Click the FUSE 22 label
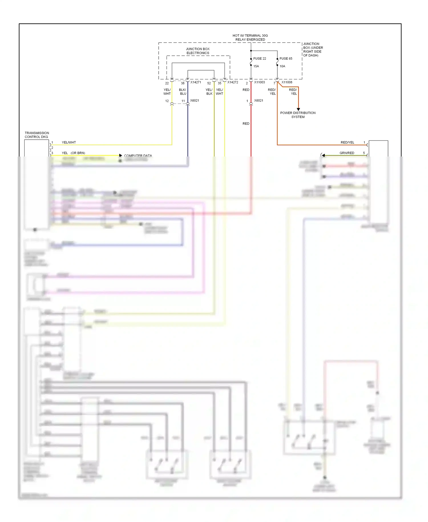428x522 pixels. pos(259,59)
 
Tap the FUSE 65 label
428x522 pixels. pos(286,59)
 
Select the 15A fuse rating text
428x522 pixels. pos(256,66)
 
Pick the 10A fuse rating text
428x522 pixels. pos(282,66)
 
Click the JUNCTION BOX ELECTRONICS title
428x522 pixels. pos(198,51)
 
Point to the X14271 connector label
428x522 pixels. pos(196,82)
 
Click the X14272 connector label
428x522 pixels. pos(233,82)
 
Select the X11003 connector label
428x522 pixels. pos(259,82)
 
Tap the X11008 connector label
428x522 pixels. pos(287,82)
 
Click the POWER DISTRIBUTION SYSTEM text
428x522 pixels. pos(298,115)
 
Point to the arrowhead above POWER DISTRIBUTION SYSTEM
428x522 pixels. pos(298,109)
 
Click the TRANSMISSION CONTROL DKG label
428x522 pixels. pos(37,135)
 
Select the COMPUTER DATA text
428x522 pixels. pos(138,156)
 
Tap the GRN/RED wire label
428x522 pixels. pos(347,153)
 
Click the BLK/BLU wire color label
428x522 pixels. pos(183,92)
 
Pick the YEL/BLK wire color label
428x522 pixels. pos(209,92)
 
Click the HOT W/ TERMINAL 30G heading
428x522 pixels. pos(250,36)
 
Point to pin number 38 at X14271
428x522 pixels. pos(183,83)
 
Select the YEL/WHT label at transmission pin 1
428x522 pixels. pos(69,142)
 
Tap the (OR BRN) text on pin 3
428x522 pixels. pos(78,153)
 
